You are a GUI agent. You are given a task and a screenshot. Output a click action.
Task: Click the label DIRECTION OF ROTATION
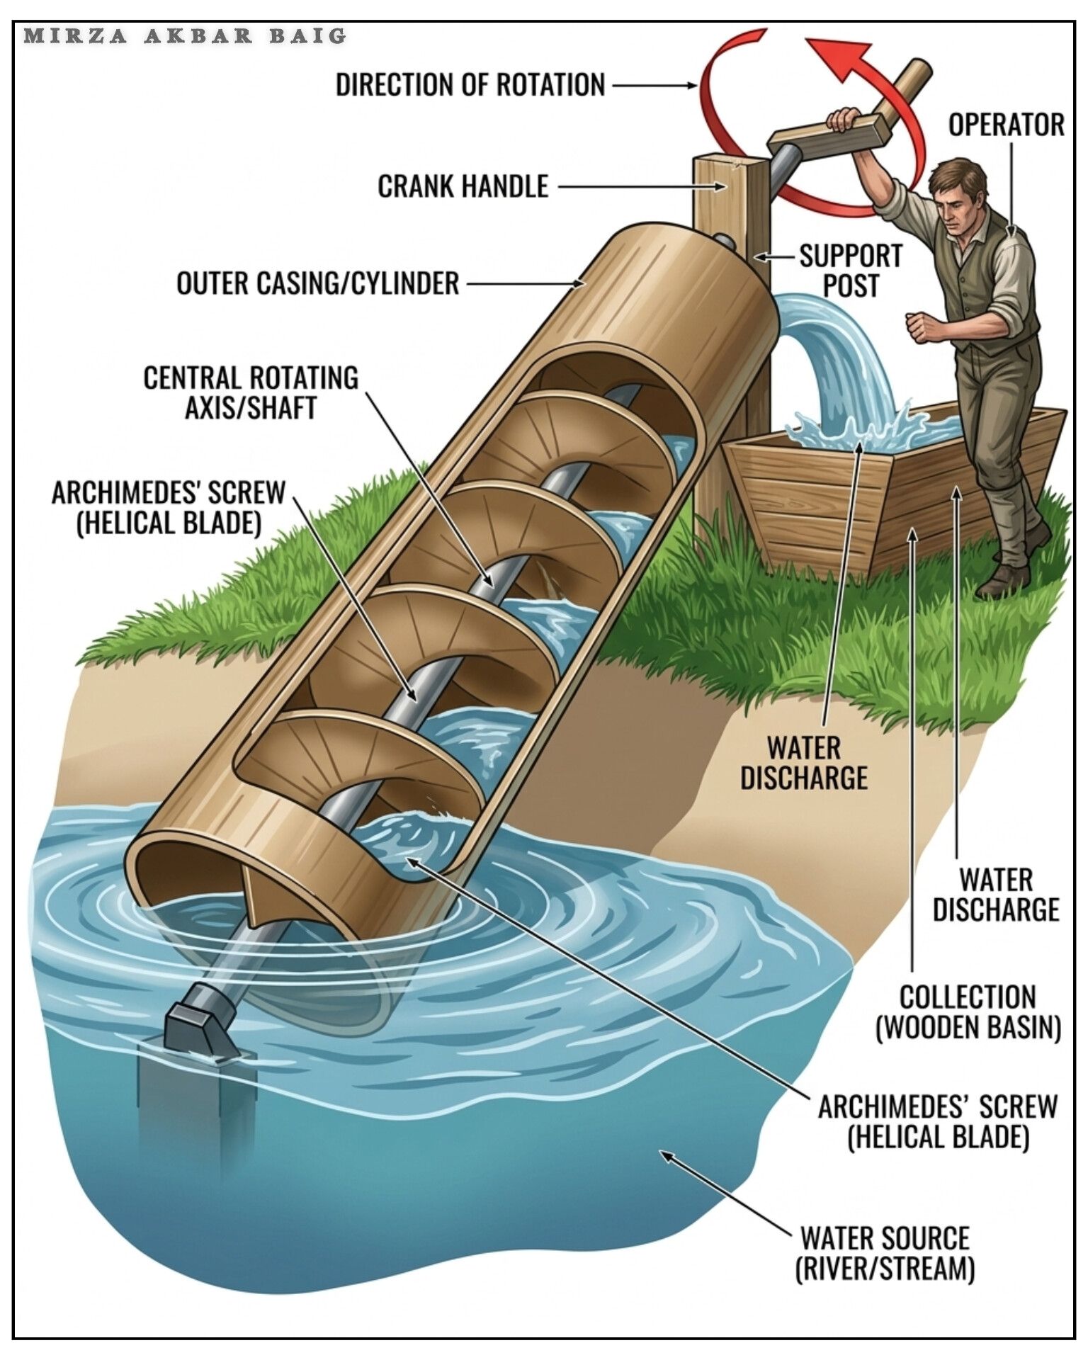(x=470, y=85)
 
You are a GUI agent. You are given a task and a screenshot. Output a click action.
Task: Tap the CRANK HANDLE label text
(x=463, y=186)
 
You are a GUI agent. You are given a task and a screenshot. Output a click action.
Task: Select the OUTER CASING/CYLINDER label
(x=318, y=283)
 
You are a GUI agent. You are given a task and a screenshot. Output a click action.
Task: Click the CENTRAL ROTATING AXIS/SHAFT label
(x=251, y=392)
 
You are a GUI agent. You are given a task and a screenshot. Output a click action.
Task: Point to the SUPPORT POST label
(x=851, y=270)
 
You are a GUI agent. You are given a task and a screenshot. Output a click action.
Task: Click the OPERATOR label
(x=1007, y=125)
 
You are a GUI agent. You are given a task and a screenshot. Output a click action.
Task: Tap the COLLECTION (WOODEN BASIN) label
(x=968, y=1012)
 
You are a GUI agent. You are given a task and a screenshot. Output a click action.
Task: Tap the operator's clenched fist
(x=919, y=327)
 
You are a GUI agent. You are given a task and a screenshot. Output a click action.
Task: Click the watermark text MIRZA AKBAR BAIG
(x=186, y=35)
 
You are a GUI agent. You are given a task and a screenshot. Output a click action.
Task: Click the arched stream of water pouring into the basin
(x=836, y=354)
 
